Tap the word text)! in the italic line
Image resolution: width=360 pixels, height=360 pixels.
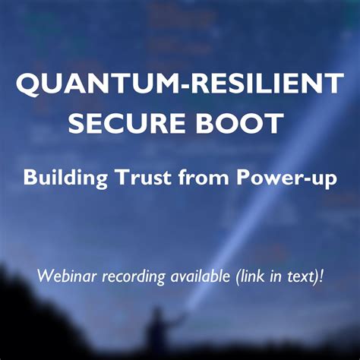(x=305, y=275)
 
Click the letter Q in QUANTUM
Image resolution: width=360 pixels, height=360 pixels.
(x=27, y=84)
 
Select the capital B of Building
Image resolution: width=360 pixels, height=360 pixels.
(x=30, y=179)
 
